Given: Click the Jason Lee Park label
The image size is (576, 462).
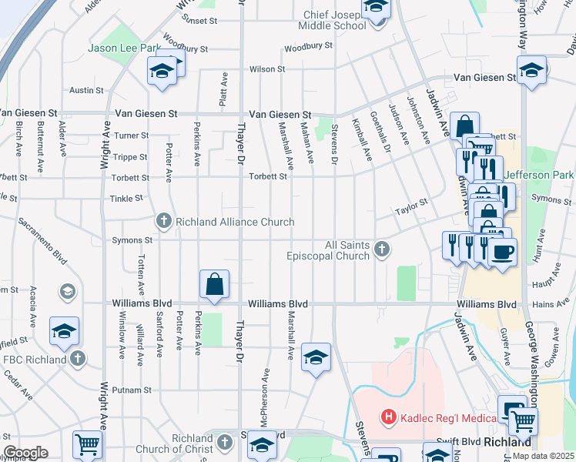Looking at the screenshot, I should click(123, 48).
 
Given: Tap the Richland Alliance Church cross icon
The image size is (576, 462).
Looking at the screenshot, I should click(163, 222).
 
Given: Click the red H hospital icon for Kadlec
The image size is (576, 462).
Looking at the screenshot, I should click(389, 417).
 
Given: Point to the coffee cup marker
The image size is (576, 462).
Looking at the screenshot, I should click(502, 253).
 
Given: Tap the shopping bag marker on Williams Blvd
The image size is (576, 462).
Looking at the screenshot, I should click(215, 284).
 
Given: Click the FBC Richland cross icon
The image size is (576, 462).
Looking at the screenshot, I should click(76, 358).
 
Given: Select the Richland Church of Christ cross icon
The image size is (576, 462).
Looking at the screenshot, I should click(224, 442).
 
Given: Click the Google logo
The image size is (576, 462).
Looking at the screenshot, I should click(25, 453).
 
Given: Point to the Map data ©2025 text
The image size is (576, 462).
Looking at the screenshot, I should click(543, 456).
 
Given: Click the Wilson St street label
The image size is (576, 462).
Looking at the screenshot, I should click(267, 69).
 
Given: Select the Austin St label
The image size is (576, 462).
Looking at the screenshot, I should click(86, 90).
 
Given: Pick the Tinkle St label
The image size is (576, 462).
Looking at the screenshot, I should click(126, 198).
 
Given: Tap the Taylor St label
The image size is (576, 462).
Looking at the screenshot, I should click(411, 206).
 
